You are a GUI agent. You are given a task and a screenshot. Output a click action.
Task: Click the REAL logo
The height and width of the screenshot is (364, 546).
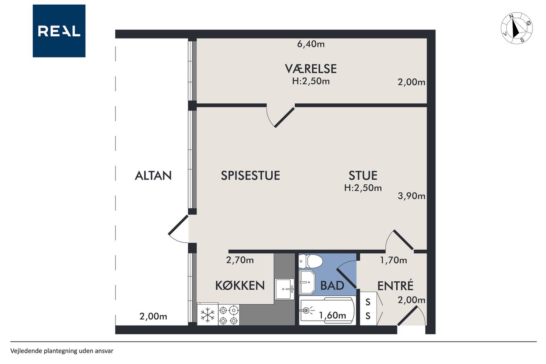click(59, 31)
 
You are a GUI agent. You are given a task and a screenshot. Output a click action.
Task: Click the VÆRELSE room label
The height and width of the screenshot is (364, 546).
click(311, 69)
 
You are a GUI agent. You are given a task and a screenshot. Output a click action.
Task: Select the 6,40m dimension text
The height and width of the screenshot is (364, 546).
click(311, 44)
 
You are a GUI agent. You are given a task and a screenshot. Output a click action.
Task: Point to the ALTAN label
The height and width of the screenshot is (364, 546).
click(153, 175)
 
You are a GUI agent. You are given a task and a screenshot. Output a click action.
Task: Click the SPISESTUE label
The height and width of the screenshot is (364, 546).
click(250, 175)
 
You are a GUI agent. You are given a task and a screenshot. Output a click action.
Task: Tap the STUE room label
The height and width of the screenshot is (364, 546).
click(363, 175)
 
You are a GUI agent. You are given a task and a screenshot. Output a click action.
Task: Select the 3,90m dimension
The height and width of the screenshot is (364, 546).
click(412, 196)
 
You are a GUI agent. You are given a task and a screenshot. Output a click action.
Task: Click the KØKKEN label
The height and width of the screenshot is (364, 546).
click(240, 285)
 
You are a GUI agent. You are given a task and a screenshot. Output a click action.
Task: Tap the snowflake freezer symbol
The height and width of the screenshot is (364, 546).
click(207, 314)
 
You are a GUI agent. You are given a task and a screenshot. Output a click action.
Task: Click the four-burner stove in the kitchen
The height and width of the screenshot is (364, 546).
click(229, 315)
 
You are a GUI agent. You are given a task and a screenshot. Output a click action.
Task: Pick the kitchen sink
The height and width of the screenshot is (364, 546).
click(284, 289)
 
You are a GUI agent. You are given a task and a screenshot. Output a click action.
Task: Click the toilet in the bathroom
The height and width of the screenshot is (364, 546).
click(311, 261)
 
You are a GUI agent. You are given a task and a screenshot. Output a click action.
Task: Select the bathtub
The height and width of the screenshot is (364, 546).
click(327, 311)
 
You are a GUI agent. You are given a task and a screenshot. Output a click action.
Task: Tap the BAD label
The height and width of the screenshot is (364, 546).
click(332, 285)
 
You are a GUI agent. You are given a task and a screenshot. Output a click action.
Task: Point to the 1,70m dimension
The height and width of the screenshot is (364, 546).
click(393, 260)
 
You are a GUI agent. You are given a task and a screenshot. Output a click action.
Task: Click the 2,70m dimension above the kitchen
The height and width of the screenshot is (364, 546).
click(240, 260)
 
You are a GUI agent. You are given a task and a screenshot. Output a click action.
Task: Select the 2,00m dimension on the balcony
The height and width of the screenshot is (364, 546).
click(153, 317)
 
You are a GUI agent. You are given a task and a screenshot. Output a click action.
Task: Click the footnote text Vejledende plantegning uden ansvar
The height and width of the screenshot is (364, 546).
click(62, 351)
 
